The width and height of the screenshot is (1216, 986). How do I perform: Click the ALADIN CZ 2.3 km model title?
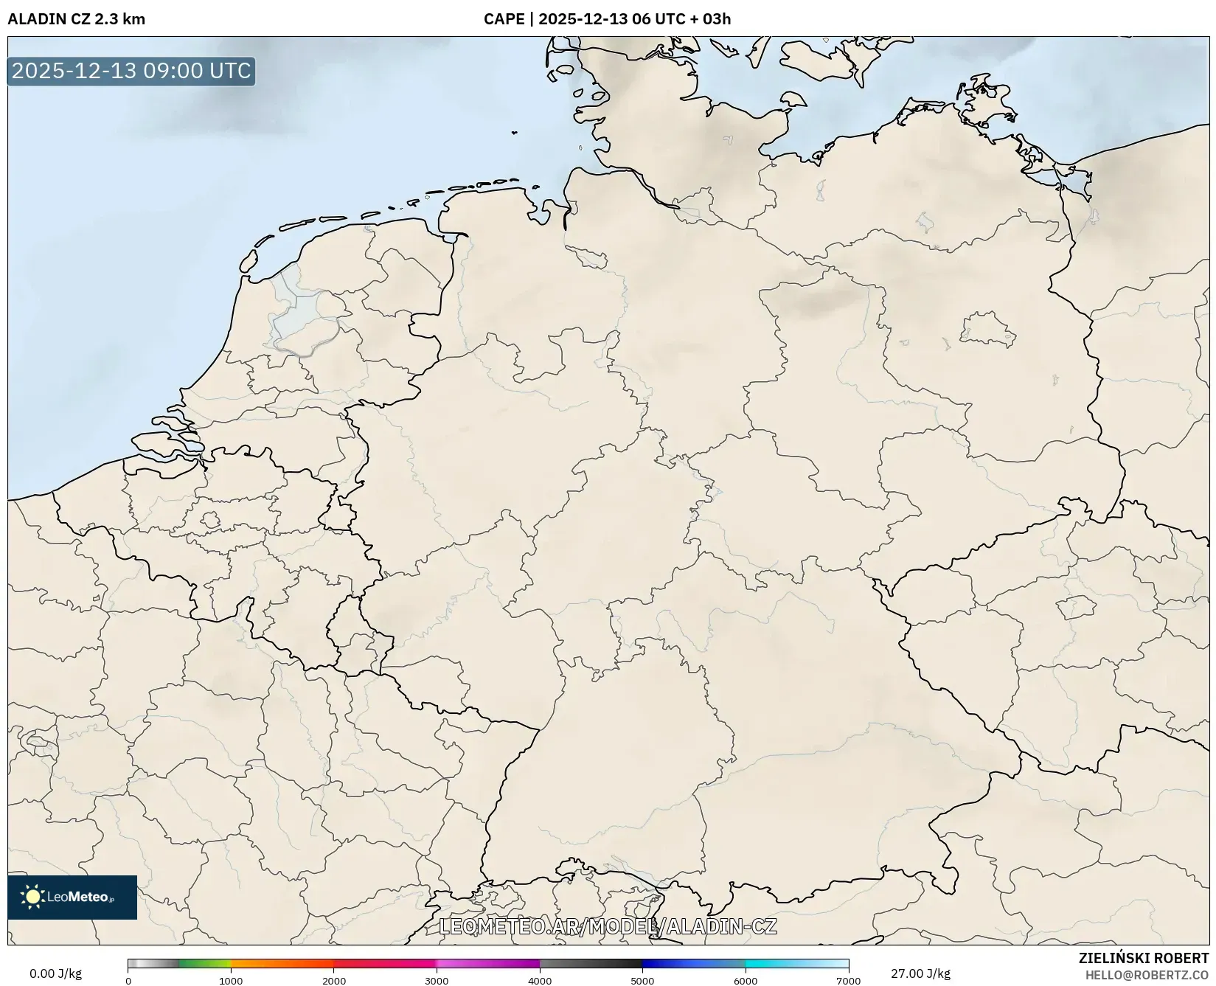click(76, 19)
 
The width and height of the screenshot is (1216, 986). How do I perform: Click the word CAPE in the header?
click(504, 19)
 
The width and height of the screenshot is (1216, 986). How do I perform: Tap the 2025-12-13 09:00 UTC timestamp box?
click(131, 71)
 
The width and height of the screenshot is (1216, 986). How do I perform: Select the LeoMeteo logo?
click(72, 897)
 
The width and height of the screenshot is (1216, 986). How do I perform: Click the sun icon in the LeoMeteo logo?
click(32, 897)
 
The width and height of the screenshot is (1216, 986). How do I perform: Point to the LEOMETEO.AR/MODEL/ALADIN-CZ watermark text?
click(608, 926)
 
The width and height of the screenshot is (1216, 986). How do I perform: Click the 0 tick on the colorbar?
click(128, 981)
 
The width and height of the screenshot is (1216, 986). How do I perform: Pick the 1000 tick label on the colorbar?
click(231, 981)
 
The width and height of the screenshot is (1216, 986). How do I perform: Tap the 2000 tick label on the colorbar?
click(334, 981)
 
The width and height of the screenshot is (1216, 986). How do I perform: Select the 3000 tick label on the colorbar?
click(437, 981)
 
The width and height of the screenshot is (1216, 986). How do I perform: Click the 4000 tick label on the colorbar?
click(540, 981)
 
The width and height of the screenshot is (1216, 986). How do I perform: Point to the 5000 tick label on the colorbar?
click(642, 981)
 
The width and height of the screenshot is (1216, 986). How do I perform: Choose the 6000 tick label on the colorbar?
click(746, 981)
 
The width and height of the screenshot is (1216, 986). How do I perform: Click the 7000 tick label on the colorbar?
click(848, 981)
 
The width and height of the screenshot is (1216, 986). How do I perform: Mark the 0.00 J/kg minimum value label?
click(55, 973)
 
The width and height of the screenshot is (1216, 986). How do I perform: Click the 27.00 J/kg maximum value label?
click(920, 973)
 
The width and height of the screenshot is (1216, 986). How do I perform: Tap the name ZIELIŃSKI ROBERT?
click(1144, 958)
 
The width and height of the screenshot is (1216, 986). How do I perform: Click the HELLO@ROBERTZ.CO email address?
click(1147, 975)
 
